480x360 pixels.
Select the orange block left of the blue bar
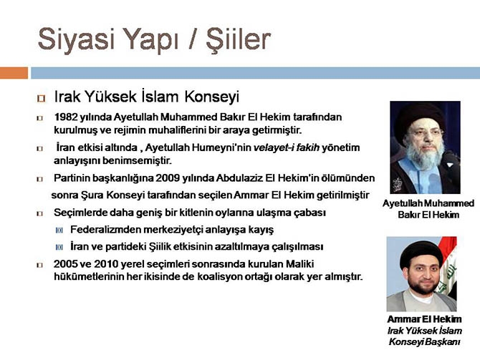[14, 72]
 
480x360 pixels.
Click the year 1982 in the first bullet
[67, 117]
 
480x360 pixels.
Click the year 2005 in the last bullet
[67, 264]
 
